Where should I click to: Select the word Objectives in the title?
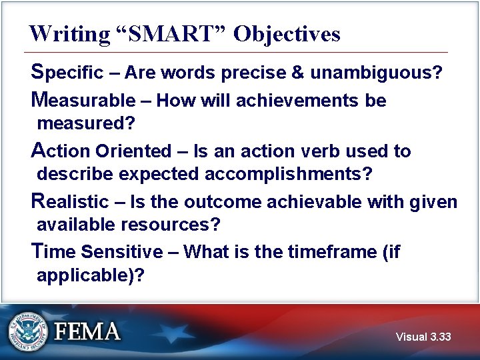point(287,33)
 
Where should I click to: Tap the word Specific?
point(67,72)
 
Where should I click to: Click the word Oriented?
point(133,151)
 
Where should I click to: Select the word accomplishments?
point(289,174)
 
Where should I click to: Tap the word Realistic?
point(70,201)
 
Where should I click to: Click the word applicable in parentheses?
point(85,275)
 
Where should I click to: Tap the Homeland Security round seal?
point(28,331)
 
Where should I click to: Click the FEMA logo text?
point(87,331)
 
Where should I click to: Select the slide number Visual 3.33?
point(423,337)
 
